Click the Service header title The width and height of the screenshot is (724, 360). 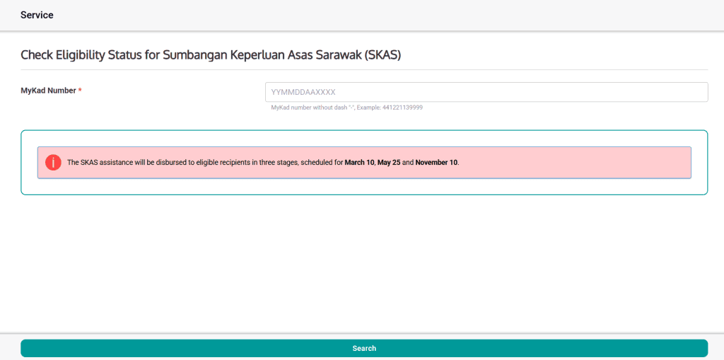[x=37, y=15]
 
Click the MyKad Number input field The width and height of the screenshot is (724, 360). [x=486, y=92]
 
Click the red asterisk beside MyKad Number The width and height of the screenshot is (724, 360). [x=80, y=91]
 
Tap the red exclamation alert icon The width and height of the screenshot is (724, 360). [x=53, y=163]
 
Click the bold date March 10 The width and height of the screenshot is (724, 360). [x=359, y=163]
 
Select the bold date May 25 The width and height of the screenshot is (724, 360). [x=389, y=163]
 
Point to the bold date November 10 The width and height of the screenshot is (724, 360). [x=436, y=163]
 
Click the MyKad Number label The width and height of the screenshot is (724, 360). [x=48, y=91]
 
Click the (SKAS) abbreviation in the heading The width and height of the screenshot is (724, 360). [x=383, y=54]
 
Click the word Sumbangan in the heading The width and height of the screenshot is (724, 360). [x=194, y=54]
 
